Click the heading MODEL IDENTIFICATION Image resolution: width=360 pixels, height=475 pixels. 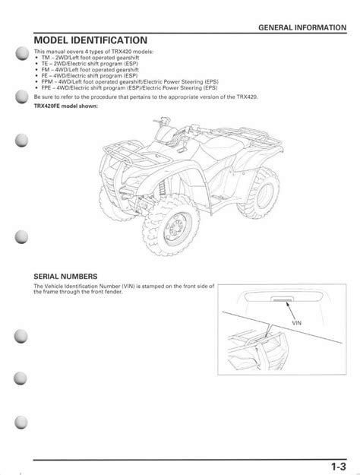click(x=90, y=40)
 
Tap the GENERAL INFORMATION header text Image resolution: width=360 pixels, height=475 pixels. click(x=302, y=27)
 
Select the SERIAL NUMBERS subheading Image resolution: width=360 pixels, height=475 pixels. click(x=65, y=277)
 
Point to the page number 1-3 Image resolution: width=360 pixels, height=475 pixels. click(x=338, y=467)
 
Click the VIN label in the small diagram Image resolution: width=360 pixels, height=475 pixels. click(x=296, y=323)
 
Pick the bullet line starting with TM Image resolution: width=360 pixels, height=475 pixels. click(x=90, y=58)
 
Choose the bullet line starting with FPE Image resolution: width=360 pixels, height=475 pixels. click(x=129, y=88)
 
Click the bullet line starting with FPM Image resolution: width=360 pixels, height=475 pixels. click(x=130, y=82)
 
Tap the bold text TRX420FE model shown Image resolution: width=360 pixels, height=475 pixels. click(x=66, y=106)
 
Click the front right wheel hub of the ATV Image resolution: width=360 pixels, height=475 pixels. click(x=177, y=226)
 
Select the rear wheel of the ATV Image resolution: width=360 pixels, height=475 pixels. click(x=259, y=192)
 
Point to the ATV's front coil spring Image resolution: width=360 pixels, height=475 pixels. click(x=163, y=188)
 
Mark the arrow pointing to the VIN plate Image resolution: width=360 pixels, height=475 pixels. click(x=290, y=310)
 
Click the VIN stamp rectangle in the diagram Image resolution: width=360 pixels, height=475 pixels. click(x=282, y=299)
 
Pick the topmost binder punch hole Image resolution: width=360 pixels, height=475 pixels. click(x=23, y=54)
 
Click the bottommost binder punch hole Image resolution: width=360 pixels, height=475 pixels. click(x=21, y=422)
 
